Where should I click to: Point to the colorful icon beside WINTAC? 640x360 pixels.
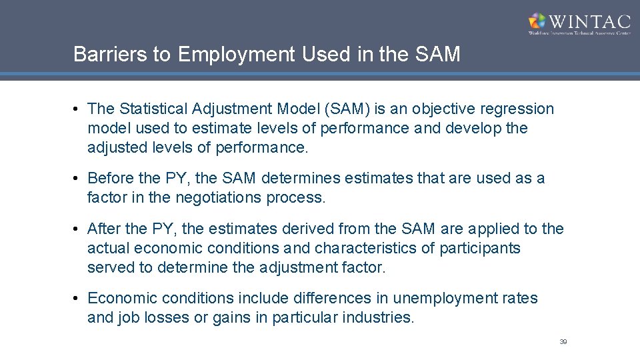tap(537, 21)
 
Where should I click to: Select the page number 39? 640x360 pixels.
tap(563, 342)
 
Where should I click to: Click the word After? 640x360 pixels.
tap(103, 229)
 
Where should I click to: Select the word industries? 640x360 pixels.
tap(381, 318)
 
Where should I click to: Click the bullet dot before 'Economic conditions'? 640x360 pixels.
tap(79, 299)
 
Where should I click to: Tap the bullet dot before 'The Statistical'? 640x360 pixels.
tap(79, 109)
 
